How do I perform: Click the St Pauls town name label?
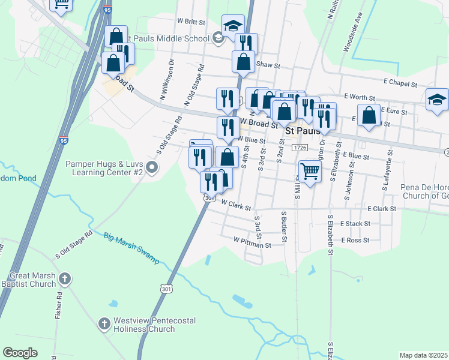pyautogui.click(x=303, y=130)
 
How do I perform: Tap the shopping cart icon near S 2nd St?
pyautogui.click(x=310, y=171)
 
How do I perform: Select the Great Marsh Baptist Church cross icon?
pyautogui.click(x=65, y=278)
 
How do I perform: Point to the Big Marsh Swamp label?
pyautogui.click(x=131, y=248)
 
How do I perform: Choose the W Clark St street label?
pyautogui.click(x=235, y=205)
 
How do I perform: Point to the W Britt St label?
pyautogui.click(x=191, y=20)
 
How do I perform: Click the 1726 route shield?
pyautogui.click(x=300, y=148)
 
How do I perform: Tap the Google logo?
pyautogui.click(x=20, y=353)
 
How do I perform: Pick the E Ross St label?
pyautogui.click(x=354, y=240)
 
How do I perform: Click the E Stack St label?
pyautogui.click(x=355, y=223)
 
